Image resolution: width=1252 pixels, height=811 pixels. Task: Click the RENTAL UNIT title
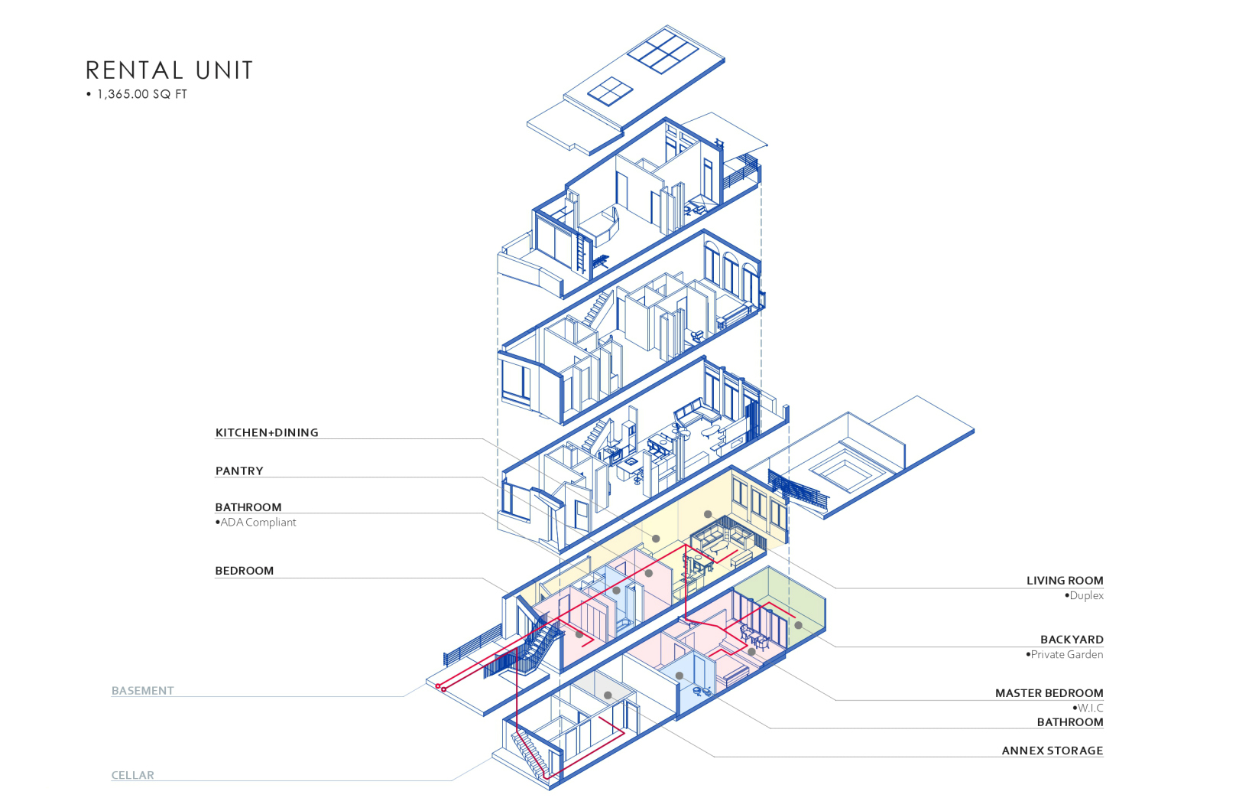coord(169,70)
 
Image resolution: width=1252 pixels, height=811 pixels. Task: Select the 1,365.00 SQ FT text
coord(141,94)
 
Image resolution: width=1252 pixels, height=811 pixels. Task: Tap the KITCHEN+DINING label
coord(267,432)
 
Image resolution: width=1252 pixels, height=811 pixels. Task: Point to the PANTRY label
coord(239,471)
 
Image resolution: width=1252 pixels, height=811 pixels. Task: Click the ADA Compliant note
coord(258,522)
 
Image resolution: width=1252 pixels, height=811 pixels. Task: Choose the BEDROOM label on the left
coord(244,570)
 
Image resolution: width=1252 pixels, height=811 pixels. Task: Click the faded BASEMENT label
coord(143,690)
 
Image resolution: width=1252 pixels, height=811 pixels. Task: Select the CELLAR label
coord(133,775)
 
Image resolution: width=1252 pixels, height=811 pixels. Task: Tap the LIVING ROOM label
coord(1065,580)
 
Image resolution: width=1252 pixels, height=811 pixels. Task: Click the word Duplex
coord(1086,595)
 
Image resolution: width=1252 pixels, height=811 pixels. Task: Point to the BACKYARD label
coord(1072,639)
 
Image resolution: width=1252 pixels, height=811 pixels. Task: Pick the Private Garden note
coord(1066,654)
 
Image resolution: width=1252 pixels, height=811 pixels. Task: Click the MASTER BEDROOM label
coord(1049,692)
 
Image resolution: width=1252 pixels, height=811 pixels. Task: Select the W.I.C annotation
coord(1090,708)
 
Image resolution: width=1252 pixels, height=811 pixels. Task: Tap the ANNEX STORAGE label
coord(1052,751)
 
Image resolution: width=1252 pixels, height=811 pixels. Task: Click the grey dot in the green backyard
coord(799,625)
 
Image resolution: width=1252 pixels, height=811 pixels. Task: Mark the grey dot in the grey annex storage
coord(608,695)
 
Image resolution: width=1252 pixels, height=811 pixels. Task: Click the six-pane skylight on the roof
coord(662,51)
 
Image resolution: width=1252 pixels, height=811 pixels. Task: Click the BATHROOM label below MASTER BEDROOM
coord(1069,721)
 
